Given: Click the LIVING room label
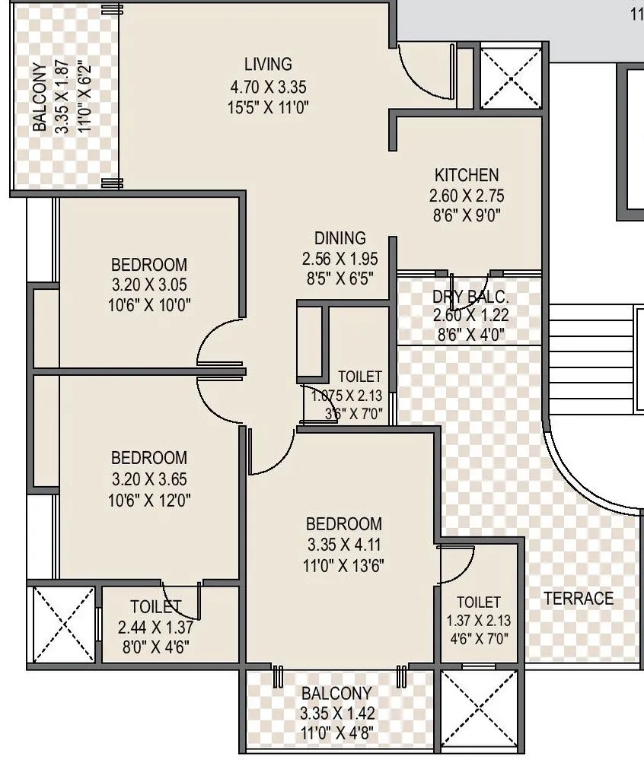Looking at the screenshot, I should pyautogui.click(x=268, y=64).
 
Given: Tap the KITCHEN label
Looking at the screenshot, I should pyautogui.click(x=467, y=175).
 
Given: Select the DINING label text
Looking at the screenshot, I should pyautogui.click(x=340, y=239).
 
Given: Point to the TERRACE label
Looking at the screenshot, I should pyautogui.click(x=579, y=599).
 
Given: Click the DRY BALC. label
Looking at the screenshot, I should pyautogui.click(x=470, y=297).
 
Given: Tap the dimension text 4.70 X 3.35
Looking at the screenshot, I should pyautogui.click(x=268, y=86).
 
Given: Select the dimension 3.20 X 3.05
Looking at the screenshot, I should pyautogui.click(x=148, y=285).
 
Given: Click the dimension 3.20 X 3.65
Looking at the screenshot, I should pyautogui.click(x=148, y=479).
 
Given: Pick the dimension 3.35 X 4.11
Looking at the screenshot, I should pyautogui.click(x=343, y=545).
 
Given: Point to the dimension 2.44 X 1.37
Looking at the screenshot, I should pyautogui.click(x=155, y=628).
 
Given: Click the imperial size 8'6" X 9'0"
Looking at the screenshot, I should pyautogui.click(x=467, y=215).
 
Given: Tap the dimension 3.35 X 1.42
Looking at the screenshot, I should pyautogui.click(x=336, y=714).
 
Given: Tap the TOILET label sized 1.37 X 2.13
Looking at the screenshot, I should pyautogui.click(x=479, y=602).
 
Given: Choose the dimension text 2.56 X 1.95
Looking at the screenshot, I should pyautogui.click(x=340, y=259).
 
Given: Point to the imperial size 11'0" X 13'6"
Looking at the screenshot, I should pyautogui.click(x=343, y=565).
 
